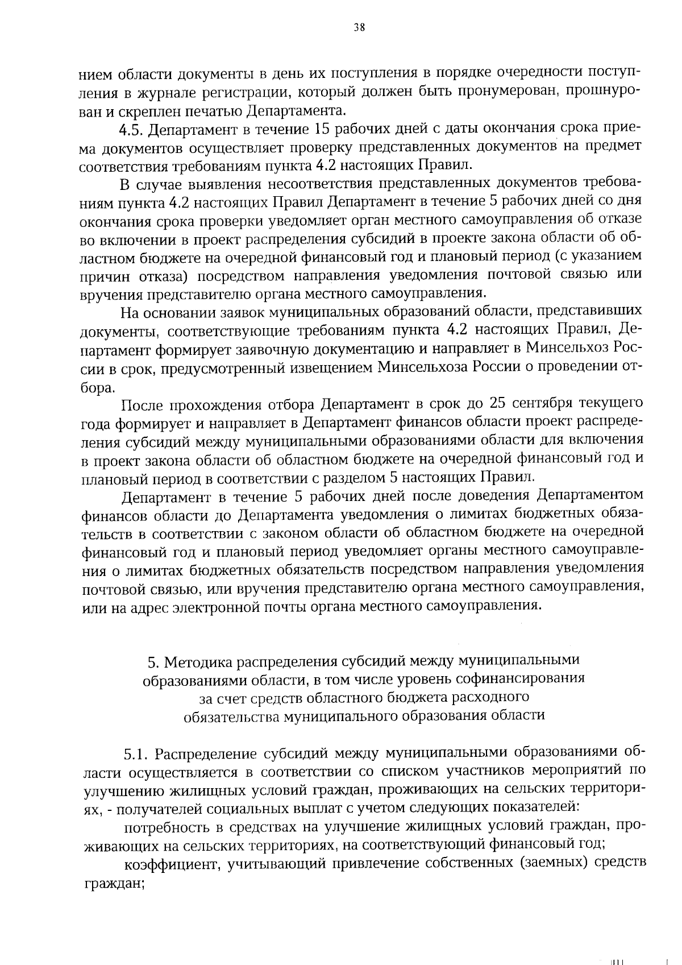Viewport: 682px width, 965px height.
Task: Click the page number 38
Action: pyautogui.click(x=359, y=27)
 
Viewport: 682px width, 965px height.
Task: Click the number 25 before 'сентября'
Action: pyautogui.click(x=494, y=403)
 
